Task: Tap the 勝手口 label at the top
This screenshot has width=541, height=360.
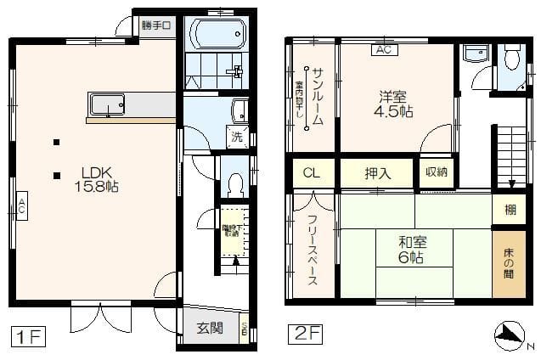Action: tap(156, 25)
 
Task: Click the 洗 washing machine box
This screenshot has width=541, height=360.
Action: tap(237, 136)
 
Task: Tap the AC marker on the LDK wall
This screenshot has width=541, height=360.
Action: tap(20, 205)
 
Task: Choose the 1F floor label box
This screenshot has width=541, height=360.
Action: tap(27, 335)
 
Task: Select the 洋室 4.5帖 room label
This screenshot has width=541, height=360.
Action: tap(396, 100)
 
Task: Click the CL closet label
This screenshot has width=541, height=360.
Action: tap(313, 174)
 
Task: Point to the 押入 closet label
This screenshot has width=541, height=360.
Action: tap(377, 174)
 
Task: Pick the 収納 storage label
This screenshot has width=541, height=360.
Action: tap(437, 172)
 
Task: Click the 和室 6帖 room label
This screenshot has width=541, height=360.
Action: tap(413, 249)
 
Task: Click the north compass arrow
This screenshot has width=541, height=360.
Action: tap(511, 335)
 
